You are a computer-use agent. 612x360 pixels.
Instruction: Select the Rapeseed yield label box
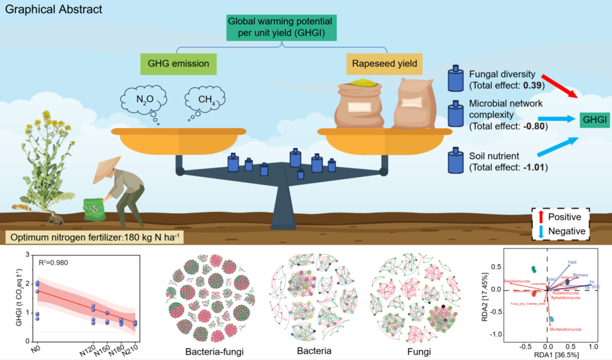tap(386, 64)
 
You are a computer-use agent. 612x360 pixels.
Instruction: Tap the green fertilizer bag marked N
tap(92, 210)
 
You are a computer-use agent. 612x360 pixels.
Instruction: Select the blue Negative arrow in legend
tap(541, 231)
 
